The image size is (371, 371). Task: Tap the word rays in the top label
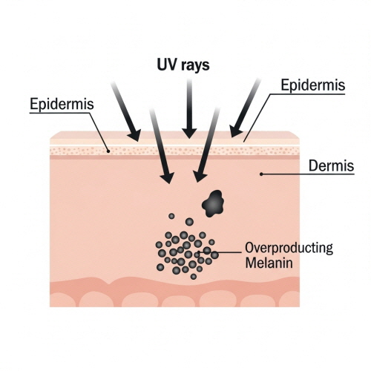196,66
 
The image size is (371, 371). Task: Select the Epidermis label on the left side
62,104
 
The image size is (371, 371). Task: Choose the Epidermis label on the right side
313,85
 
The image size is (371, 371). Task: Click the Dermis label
332,165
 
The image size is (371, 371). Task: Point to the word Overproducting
289,248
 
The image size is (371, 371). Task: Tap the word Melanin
269,263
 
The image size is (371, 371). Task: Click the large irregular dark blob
213,203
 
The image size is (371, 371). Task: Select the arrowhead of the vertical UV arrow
189,133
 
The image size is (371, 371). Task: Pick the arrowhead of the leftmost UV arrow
135,135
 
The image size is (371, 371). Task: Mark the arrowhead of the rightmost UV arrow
235,131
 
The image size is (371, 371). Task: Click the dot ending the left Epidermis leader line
108,151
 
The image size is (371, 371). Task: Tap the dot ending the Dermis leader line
261,174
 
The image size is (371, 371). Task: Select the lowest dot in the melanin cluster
194,277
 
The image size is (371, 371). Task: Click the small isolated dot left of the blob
171,216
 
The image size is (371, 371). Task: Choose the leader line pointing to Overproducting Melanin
220,252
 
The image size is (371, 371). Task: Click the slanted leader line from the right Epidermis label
257,118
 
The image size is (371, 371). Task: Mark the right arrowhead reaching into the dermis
200,177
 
